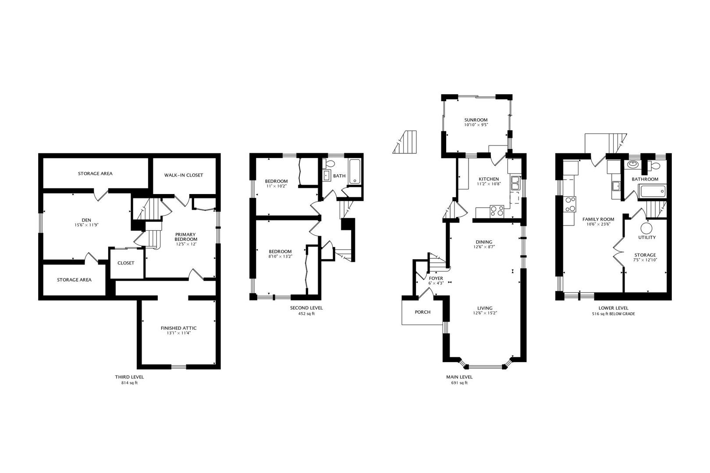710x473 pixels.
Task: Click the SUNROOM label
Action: point(476,120)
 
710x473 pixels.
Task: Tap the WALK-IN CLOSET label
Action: point(184,175)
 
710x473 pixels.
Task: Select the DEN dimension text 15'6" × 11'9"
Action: point(86,225)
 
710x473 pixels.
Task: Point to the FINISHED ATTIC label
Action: point(178,328)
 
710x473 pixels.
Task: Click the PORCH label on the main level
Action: point(422,312)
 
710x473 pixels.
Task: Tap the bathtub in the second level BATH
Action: point(355,172)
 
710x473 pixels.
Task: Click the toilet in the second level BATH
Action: point(329,163)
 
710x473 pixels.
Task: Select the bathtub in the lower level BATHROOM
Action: point(653,192)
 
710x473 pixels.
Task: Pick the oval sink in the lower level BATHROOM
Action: point(633,164)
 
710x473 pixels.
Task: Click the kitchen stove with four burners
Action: point(497,211)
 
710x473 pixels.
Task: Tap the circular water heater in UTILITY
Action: point(646,228)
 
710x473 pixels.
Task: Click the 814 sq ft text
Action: point(129,383)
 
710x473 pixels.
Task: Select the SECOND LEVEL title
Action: point(306,307)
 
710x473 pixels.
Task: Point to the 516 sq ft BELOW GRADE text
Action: point(613,314)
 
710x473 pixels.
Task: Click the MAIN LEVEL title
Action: point(459,377)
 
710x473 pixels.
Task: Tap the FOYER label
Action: point(436,279)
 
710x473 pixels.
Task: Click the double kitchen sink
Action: point(515,183)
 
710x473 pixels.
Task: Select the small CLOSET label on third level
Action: point(126,263)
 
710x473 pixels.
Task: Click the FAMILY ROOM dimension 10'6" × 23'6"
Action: point(598,224)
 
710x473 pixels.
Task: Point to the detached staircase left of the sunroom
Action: point(405,142)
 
